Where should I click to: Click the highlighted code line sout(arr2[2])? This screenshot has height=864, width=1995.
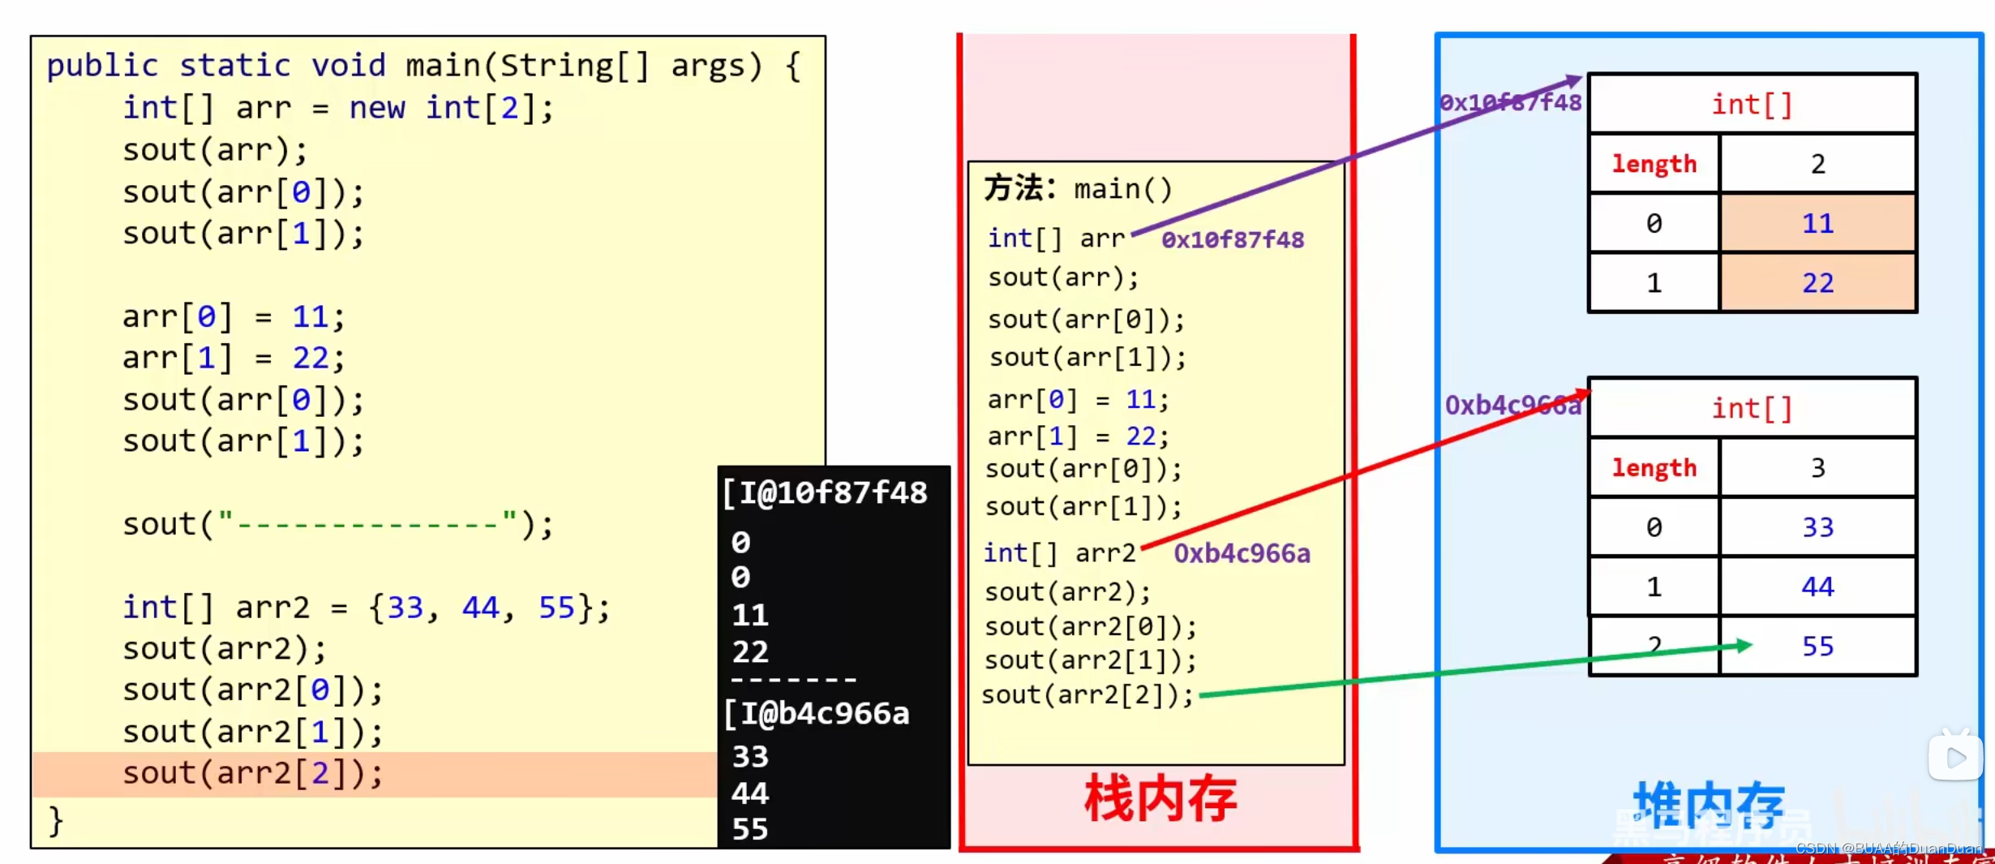[252, 773]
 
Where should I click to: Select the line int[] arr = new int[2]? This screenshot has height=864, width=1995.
[338, 108]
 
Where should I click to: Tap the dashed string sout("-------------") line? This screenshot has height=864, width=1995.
[338, 524]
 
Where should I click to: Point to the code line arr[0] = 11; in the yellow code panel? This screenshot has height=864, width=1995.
[234, 316]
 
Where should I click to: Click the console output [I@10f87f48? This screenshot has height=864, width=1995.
[826, 493]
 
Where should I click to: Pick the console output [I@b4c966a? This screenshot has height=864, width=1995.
[817, 714]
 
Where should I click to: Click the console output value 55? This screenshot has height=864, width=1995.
[750, 829]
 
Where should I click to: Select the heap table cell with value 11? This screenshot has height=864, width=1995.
[1817, 223]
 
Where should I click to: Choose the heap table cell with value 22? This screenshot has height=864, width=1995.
[1817, 283]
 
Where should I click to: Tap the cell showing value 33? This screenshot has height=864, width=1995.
[1817, 527]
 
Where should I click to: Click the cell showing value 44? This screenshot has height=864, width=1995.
[1817, 587]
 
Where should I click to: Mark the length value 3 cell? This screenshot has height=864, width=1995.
[1817, 468]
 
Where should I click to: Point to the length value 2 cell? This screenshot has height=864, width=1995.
[1817, 164]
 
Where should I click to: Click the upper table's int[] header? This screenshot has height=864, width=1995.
[1752, 104]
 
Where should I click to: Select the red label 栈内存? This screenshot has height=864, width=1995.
[1161, 800]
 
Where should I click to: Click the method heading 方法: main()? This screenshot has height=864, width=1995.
[1079, 189]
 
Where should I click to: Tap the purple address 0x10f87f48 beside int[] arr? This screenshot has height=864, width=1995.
[1233, 240]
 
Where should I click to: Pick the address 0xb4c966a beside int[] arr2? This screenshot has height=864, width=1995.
[1242, 553]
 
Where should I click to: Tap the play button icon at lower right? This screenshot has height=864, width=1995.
[1955, 758]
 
